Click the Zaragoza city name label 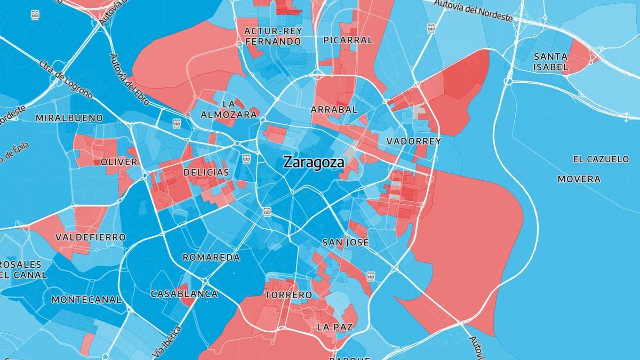click(x=313, y=162)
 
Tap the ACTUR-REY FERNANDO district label click(x=273, y=36)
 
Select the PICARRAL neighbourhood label click(x=348, y=40)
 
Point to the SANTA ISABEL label click(x=551, y=61)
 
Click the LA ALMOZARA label click(x=229, y=108)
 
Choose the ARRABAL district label click(x=334, y=109)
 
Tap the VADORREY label click(x=413, y=141)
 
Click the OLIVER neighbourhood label click(x=119, y=162)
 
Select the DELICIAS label click(x=206, y=172)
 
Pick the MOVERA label click(x=579, y=179)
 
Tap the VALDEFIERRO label click(x=91, y=237)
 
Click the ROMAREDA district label click(x=211, y=258)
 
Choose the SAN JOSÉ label click(x=346, y=242)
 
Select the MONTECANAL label click(x=86, y=300)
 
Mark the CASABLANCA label click(x=184, y=294)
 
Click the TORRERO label click(x=289, y=295)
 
